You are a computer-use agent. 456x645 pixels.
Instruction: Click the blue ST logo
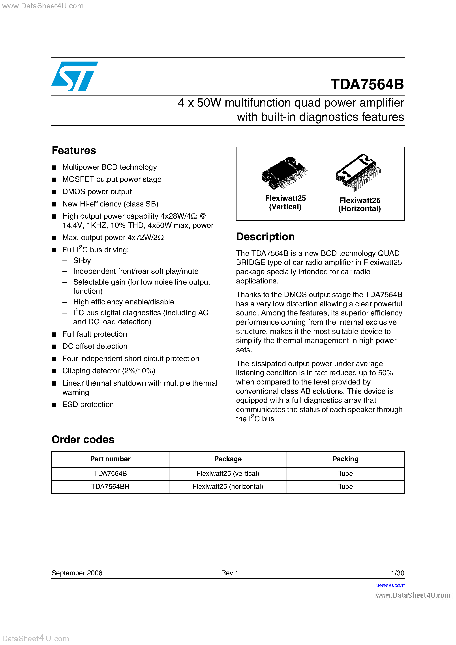pos(74,76)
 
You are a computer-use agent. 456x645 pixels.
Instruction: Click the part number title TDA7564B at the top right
pos(367,84)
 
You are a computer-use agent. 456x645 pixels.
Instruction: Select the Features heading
pos(74,151)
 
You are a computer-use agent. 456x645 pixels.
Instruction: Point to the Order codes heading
pos(83,440)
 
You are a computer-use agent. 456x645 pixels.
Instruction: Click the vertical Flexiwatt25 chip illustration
pos(284,173)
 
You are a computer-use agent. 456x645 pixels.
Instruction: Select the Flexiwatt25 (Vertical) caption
pos(285,202)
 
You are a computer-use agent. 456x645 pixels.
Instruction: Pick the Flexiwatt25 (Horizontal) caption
pos(359,204)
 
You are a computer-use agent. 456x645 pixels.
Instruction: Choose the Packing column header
pos(345,459)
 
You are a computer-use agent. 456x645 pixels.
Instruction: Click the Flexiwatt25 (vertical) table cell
pos(228,474)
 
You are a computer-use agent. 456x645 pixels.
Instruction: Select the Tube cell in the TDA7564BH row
pos(345,487)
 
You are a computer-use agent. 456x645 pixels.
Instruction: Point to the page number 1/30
pos(397,573)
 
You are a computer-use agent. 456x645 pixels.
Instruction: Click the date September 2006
pos(77,573)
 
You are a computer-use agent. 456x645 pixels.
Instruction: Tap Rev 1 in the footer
pos(230,573)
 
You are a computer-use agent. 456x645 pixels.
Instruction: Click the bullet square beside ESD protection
pos(54,405)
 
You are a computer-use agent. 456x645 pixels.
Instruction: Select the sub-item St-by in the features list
pos(82,261)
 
